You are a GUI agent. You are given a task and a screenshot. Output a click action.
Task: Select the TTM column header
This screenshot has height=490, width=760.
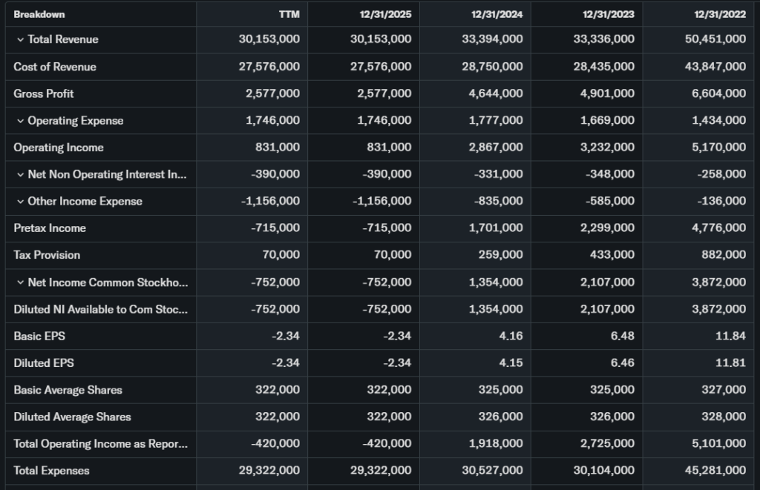click(289, 14)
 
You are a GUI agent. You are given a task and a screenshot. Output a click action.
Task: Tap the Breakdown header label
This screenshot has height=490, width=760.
click(39, 14)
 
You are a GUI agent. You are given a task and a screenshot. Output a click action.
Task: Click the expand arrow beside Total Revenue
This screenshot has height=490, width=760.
click(20, 39)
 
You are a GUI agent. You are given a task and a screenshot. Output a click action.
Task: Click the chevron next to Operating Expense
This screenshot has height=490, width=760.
click(20, 121)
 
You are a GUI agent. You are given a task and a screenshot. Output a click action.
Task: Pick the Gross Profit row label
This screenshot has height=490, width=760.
click(44, 93)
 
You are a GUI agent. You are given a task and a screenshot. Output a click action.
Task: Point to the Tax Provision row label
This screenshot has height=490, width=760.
click(47, 255)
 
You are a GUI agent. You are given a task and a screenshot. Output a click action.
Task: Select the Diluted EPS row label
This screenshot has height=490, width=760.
click(44, 363)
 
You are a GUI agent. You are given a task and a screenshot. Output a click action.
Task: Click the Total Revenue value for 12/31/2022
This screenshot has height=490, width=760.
click(715, 39)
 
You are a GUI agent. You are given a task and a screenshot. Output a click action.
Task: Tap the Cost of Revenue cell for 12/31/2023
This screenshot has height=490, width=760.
click(604, 67)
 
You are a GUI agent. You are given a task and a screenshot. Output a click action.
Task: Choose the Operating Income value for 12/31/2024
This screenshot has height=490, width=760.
click(497, 148)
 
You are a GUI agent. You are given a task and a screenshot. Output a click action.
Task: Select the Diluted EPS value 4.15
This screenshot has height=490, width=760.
click(511, 363)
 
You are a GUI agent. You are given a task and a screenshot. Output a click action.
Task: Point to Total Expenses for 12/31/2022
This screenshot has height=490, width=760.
click(715, 471)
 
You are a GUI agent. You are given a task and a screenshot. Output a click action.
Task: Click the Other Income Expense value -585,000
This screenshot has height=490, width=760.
click(609, 201)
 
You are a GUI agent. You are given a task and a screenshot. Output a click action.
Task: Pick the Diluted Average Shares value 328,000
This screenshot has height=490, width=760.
click(724, 417)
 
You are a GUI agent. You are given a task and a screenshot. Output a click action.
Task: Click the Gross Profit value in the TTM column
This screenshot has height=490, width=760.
click(272, 93)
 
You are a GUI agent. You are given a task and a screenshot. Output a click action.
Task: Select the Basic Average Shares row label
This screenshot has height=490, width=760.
click(68, 390)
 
